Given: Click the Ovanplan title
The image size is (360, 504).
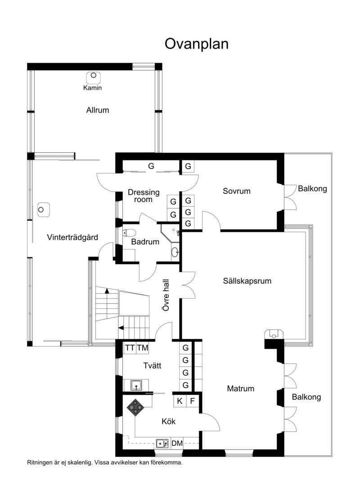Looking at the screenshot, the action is (197, 44).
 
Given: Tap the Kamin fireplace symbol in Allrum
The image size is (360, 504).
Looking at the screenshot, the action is (93, 77).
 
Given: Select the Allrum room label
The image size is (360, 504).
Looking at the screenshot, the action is (98, 110).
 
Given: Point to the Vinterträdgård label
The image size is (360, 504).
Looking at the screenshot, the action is (72, 237).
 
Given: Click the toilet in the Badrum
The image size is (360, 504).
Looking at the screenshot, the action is (129, 232).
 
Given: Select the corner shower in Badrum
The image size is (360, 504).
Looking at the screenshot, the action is (170, 233).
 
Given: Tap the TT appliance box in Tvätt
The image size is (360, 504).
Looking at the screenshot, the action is (130, 348).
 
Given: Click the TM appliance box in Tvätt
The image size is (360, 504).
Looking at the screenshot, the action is (142, 348).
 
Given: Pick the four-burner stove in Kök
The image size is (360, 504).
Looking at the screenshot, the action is (135, 408).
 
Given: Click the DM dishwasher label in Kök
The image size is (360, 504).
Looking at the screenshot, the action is (177, 444).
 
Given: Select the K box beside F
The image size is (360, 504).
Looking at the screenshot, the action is (180, 401).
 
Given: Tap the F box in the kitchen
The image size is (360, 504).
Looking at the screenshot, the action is (193, 401).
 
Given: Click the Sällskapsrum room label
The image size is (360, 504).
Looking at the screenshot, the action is (247, 281).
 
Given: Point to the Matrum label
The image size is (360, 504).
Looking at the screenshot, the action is (241, 388).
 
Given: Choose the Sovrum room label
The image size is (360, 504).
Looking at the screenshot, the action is (236, 191).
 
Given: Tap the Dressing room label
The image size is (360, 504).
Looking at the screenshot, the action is (144, 196).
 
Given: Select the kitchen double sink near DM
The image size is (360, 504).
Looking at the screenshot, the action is (162, 444).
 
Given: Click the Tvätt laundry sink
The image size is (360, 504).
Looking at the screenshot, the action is (137, 385).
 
